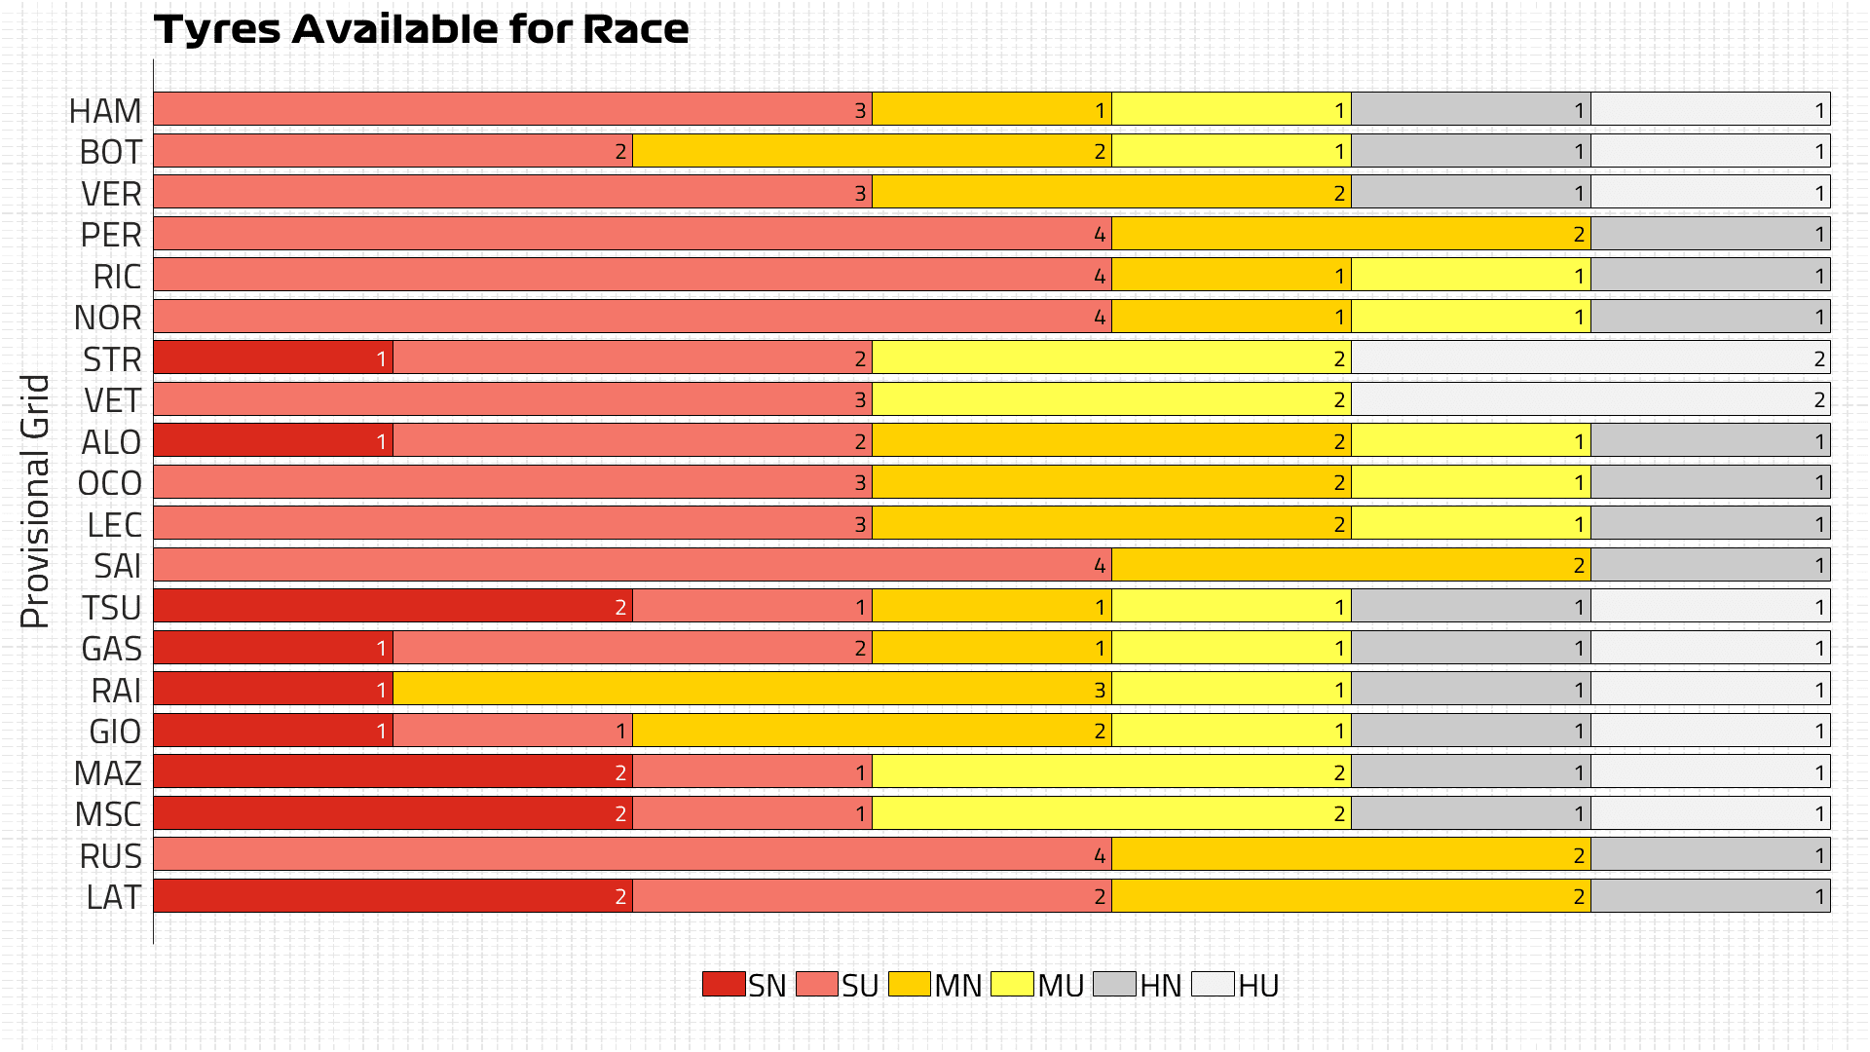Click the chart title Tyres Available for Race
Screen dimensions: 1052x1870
pos(421,29)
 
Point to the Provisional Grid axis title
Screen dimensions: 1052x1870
pos(35,501)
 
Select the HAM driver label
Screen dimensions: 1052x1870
pos(105,111)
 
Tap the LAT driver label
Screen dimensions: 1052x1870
pos(113,897)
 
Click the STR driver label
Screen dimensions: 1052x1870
pos(112,359)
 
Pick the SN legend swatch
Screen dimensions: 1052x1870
pos(724,984)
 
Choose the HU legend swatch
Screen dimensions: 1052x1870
pos(1213,984)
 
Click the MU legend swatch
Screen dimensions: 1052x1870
pos(1012,984)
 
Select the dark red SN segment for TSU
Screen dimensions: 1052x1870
pos(393,606)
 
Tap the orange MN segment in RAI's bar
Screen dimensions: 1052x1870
pos(752,690)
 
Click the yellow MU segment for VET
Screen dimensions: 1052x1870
pos(1111,399)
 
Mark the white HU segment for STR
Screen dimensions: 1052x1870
pos(1590,358)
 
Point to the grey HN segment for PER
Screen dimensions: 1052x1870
pos(1710,234)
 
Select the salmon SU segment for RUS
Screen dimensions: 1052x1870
pos(632,855)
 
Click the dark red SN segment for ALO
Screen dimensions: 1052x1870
pos(273,441)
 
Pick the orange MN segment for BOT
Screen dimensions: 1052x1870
pos(872,151)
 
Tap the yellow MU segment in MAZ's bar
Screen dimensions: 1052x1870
pos(1111,772)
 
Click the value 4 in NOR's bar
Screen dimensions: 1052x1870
pos(1100,318)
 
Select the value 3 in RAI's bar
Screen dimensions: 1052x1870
pos(1100,691)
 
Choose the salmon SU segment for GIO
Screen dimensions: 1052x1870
pos(512,731)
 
